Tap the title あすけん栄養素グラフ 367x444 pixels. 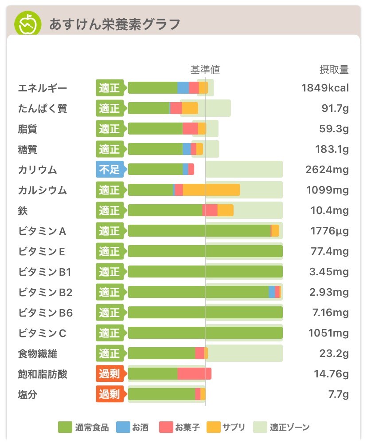click(114, 24)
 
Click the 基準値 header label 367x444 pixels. click(205, 70)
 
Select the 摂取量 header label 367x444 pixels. click(334, 70)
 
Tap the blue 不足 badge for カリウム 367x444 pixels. click(109, 170)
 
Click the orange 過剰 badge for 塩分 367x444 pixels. click(109, 394)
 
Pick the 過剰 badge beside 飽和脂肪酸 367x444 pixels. click(109, 374)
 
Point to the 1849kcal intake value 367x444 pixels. click(325, 88)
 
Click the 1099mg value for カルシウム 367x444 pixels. click(327, 190)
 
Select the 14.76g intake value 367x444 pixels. click(331, 374)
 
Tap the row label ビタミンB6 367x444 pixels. click(46, 313)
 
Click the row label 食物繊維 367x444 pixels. click(38, 354)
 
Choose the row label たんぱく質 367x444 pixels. click(43, 108)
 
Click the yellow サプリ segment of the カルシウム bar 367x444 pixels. click(211, 190)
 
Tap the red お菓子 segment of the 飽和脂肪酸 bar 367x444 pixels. click(194, 374)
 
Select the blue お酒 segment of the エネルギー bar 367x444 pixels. click(183, 88)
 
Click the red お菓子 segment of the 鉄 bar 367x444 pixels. click(210, 210)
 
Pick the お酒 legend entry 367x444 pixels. click(133, 428)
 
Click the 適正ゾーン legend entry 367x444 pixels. click(281, 428)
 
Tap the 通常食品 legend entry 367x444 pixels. click(84, 428)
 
